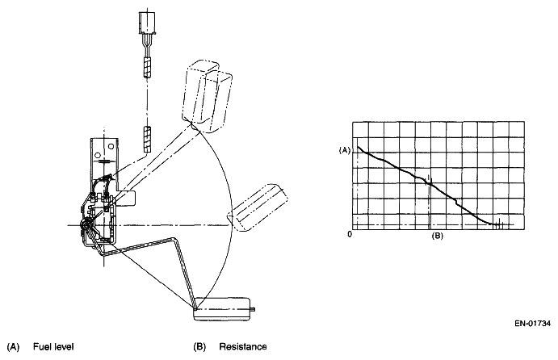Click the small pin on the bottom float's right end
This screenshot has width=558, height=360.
(x=256, y=308)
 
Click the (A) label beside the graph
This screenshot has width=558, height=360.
(x=345, y=149)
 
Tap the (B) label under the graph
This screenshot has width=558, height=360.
(x=437, y=236)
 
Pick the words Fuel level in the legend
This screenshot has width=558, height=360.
(x=53, y=347)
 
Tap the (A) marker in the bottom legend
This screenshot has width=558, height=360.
(x=13, y=347)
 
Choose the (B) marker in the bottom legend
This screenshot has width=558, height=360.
(x=199, y=347)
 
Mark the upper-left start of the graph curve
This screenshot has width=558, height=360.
(x=359, y=148)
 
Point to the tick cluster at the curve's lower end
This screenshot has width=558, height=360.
(x=498, y=223)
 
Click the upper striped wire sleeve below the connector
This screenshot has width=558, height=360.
(x=148, y=67)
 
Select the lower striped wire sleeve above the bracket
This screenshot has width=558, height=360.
(x=148, y=138)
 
